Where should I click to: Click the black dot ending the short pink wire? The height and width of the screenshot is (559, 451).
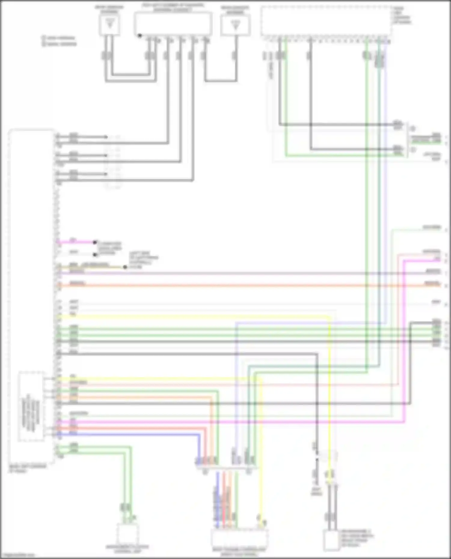pos(95,242)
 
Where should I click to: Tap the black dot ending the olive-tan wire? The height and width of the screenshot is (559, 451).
pos(125,267)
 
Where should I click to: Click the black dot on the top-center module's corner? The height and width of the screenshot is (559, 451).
pos(140,36)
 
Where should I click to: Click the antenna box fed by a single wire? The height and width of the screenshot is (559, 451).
pos(235,25)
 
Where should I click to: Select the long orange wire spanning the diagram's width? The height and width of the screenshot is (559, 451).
pos(241,286)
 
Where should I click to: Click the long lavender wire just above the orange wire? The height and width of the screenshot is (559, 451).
pos(241,273)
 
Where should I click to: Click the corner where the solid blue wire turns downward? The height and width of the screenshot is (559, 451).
pos(199,434)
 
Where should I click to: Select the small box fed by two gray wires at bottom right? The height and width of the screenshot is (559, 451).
pos(331,541)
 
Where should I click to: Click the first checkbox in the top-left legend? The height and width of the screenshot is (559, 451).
pos(44,38)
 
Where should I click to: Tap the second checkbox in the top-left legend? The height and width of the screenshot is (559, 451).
pos(44,44)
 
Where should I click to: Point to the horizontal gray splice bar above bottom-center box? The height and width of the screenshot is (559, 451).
pos(226,467)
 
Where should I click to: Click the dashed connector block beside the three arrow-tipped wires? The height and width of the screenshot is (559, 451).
pos(113,162)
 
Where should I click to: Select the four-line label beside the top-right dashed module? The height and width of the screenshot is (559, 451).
pos(402,16)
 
